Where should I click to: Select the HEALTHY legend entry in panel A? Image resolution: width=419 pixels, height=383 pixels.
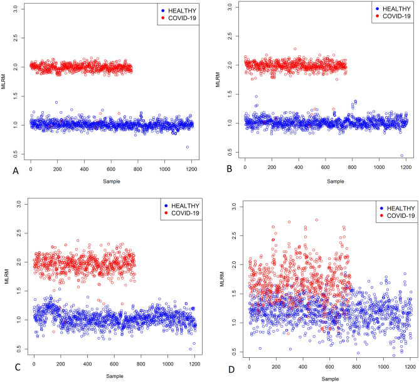(x=170, y=10)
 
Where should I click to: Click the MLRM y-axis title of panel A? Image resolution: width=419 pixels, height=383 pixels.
(x=4, y=82)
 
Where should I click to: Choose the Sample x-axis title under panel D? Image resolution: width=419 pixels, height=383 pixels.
(x=330, y=378)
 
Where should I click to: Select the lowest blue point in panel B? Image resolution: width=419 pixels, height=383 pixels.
(x=401, y=156)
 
